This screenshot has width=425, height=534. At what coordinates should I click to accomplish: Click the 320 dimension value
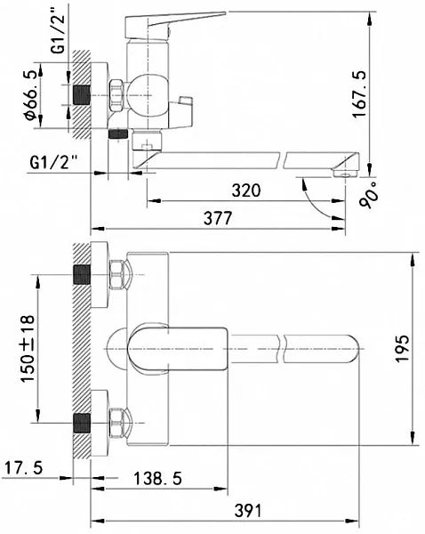(246, 190)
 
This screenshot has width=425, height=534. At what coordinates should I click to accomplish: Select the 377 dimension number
(218, 218)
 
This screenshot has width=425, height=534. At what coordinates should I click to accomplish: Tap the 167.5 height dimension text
(359, 94)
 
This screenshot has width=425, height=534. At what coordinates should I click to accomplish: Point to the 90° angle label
(369, 194)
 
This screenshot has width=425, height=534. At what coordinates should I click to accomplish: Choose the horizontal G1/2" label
(53, 162)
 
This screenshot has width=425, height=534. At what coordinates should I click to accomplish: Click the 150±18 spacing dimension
(28, 349)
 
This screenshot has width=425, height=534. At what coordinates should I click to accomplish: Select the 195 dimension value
(403, 349)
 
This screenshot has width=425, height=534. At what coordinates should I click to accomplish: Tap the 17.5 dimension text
(23, 467)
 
